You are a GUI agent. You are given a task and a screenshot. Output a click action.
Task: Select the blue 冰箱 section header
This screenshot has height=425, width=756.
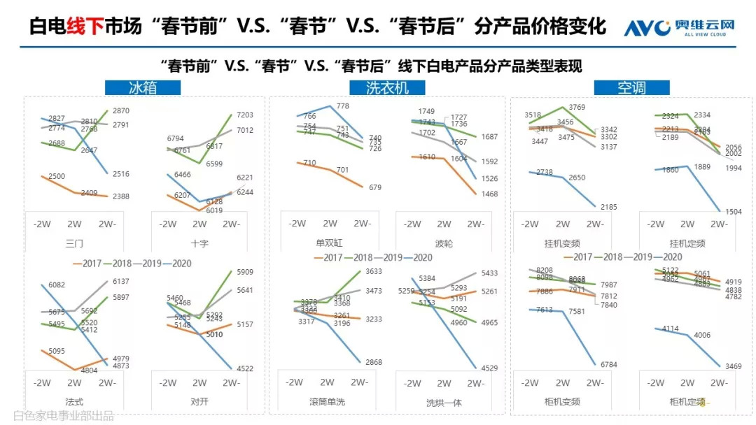coord(143,87)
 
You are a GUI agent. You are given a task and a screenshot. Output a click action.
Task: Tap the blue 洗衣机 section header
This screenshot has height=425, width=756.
coord(387,87)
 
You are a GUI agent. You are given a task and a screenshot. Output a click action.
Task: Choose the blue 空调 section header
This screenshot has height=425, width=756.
coord(631,87)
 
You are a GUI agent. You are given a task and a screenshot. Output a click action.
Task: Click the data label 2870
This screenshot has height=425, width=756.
coord(120,111)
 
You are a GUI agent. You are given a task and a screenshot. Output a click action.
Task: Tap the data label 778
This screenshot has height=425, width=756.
coord(342,106)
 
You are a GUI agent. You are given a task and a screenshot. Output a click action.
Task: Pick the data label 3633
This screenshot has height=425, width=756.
coord(373,272)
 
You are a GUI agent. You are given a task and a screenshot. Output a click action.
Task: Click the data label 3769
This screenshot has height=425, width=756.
coord(577,107)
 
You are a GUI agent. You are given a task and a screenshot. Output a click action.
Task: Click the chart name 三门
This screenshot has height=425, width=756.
coord(74,244)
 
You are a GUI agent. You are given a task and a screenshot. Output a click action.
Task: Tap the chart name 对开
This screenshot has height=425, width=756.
coord(199,402)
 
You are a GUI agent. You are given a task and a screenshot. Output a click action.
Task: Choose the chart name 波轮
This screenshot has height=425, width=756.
coord(444,244)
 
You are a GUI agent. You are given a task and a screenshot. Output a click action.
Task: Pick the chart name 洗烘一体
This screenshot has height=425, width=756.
coord(444,403)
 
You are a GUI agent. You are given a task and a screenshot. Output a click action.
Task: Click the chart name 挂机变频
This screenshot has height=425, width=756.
coord(561,244)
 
